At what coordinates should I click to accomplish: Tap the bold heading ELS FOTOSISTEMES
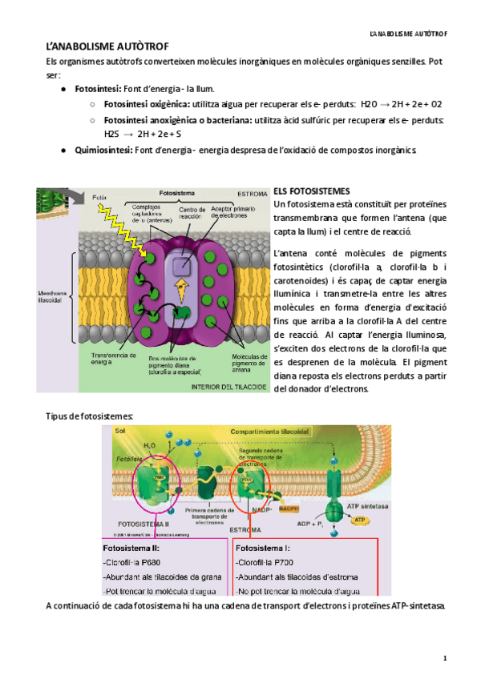point(312,192)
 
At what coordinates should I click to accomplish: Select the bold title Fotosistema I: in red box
point(265,549)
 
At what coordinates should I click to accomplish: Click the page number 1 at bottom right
point(444,658)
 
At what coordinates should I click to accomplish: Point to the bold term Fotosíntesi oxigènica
point(147,104)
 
